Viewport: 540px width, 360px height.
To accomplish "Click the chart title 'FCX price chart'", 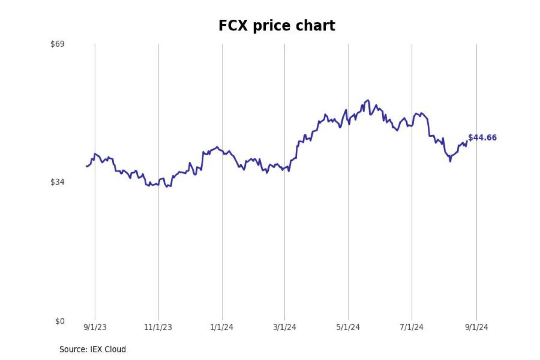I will [x=277, y=26].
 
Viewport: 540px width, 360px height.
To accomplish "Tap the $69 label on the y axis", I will [x=57, y=44].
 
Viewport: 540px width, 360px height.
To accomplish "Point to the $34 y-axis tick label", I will [x=57, y=182].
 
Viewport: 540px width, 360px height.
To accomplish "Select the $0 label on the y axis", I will [x=60, y=322].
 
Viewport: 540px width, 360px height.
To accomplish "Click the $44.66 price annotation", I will [x=482, y=138].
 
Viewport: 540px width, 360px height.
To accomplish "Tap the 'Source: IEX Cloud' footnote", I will [x=93, y=349].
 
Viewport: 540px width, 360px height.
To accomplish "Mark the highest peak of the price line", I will [x=368, y=100].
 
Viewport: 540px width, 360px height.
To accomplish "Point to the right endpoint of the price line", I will [x=467, y=141].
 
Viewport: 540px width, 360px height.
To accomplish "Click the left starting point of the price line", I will [x=86, y=166].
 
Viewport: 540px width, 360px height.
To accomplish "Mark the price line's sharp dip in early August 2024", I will [x=450, y=161].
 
